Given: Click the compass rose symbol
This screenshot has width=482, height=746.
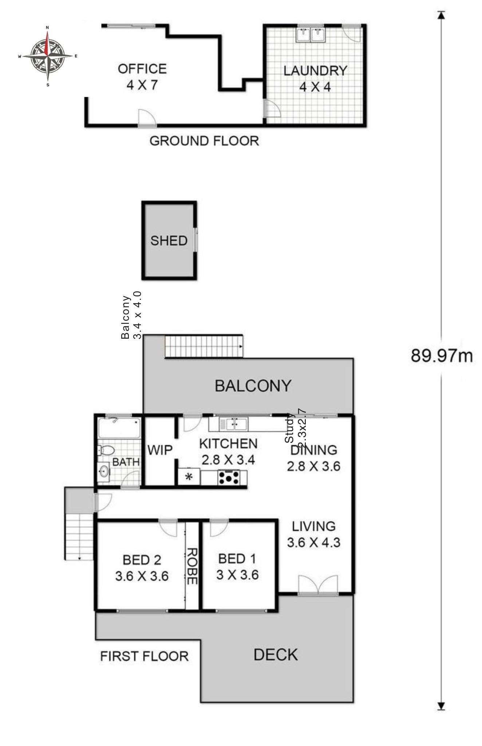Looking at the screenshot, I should [x=47, y=56].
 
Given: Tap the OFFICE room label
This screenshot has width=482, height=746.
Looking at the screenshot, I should [x=142, y=69].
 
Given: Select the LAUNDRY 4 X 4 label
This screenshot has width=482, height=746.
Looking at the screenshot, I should [x=315, y=78].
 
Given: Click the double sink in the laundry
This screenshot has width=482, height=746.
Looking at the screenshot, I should [x=311, y=35].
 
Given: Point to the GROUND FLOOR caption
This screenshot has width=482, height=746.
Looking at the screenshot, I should [x=204, y=141].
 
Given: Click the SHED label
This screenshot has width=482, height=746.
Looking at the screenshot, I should [x=169, y=241].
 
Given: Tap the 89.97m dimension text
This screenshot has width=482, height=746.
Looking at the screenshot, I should [x=442, y=356].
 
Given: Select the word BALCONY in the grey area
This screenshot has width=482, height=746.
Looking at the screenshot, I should [x=253, y=386].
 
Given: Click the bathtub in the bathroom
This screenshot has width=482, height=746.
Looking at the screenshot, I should [x=119, y=428].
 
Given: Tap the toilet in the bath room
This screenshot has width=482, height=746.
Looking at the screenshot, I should [x=106, y=450].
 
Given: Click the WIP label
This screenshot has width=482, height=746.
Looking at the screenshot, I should [x=160, y=451].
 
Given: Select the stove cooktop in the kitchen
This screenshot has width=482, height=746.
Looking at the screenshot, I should [x=229, y=478].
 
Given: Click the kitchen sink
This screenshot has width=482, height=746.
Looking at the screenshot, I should [x=233, y=424].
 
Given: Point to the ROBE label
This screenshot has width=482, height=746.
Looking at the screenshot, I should [x=192, y=566].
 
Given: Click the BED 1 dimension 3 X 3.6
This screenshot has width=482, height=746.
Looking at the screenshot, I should [x=237, y=575].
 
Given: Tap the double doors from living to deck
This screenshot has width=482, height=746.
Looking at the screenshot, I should [x=318, y=585].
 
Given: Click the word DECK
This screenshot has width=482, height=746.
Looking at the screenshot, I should [x=276, y=655].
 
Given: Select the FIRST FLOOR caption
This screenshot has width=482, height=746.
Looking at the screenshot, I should [x=144, y=656].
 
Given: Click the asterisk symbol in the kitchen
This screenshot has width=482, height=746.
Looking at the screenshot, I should [x=189, y=477].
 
